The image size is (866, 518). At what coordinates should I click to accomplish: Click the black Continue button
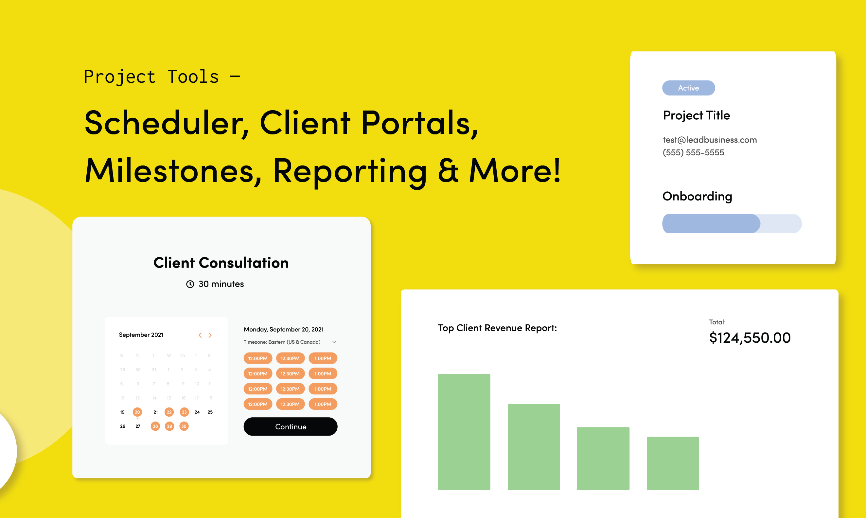pos(290,426)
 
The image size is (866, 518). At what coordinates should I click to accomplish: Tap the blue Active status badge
pos(688,88)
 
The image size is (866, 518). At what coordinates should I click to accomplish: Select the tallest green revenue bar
pos(464,432)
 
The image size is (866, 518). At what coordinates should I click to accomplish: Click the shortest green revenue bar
pos(673,463)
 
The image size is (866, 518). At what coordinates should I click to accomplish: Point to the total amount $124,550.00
pos(750,337)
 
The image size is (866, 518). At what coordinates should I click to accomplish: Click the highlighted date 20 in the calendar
pos(137,412)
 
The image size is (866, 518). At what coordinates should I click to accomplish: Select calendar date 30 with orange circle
pos(184,426)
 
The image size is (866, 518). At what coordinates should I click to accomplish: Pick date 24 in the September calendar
pos(197,412)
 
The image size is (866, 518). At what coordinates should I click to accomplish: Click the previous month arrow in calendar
pos(200,335)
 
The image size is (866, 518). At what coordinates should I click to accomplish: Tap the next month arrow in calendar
pos(210,335)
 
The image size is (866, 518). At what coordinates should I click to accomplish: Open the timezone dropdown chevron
pos(334,342)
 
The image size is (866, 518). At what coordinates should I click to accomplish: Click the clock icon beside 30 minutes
pos(190,284)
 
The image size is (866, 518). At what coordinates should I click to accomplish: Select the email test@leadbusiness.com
pos(710,140)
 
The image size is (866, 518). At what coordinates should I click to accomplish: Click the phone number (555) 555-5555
pos(693,152)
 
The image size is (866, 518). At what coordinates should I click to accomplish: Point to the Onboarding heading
pos(697,196)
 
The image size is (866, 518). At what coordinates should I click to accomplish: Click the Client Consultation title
pos(221,263)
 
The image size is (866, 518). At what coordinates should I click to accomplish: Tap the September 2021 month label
pos(141,335)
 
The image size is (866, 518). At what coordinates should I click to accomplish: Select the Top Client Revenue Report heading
pos(497,328)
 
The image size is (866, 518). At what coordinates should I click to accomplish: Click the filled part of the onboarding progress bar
pos(711,223)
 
